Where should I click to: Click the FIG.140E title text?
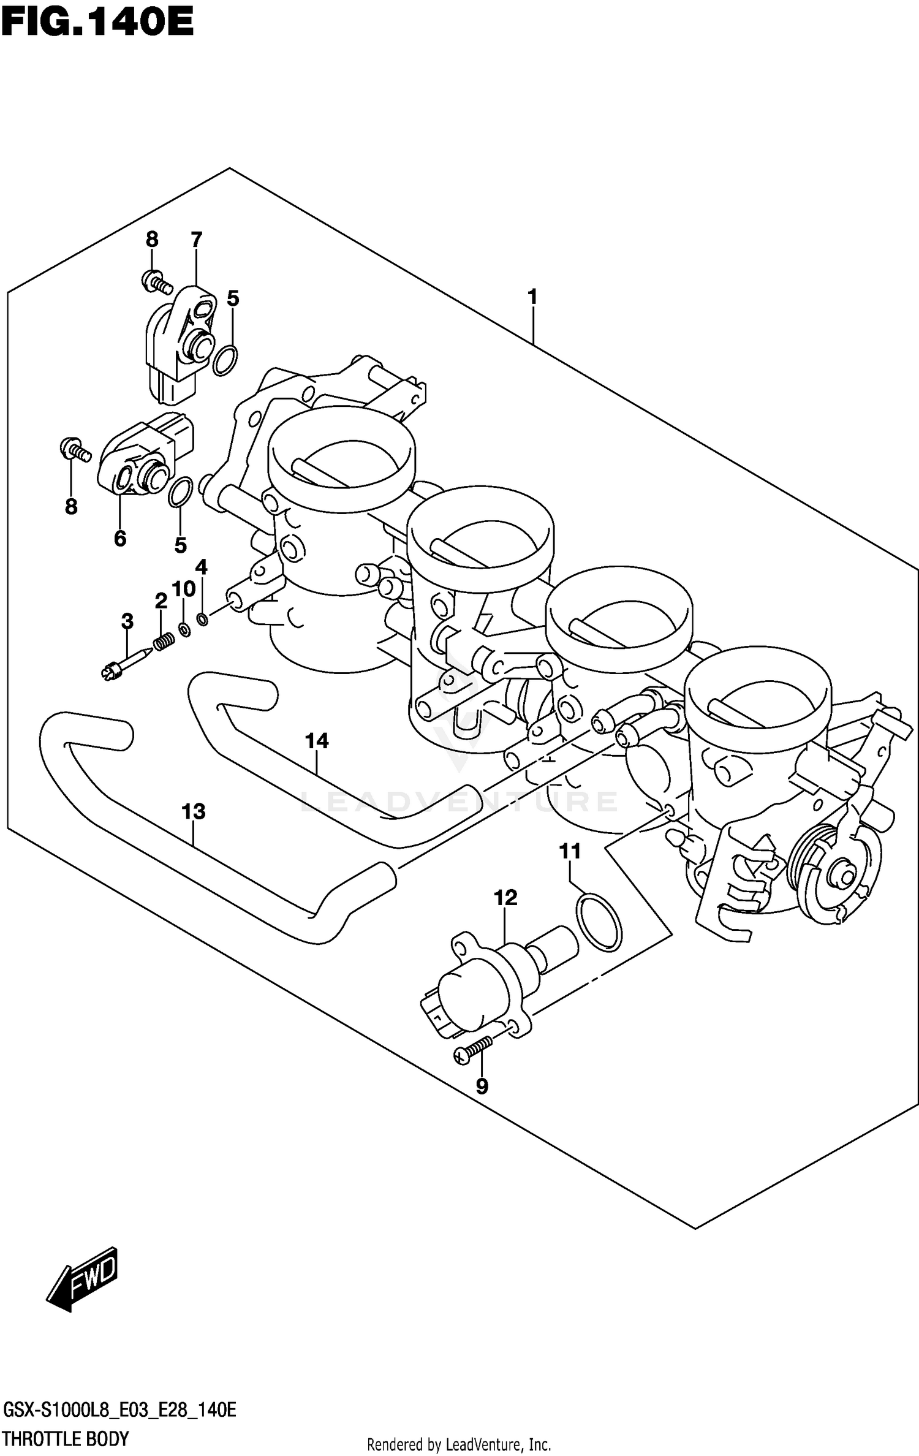point(97,23)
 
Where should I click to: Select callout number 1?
point(532,297)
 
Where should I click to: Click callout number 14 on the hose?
point(317,741)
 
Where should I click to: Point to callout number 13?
point(194,812)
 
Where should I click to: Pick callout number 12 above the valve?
point(505,898)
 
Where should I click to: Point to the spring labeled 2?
point(164,642)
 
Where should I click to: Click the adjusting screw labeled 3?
point(126,664)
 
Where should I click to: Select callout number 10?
point(183,589)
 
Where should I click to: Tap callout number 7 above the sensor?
point(196,239)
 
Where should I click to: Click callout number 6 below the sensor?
point(120,539)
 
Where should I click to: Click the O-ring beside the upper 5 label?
point(225,360)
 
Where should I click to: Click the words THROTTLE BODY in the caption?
point(66,1438)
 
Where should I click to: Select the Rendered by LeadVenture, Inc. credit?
point(459,1444)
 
